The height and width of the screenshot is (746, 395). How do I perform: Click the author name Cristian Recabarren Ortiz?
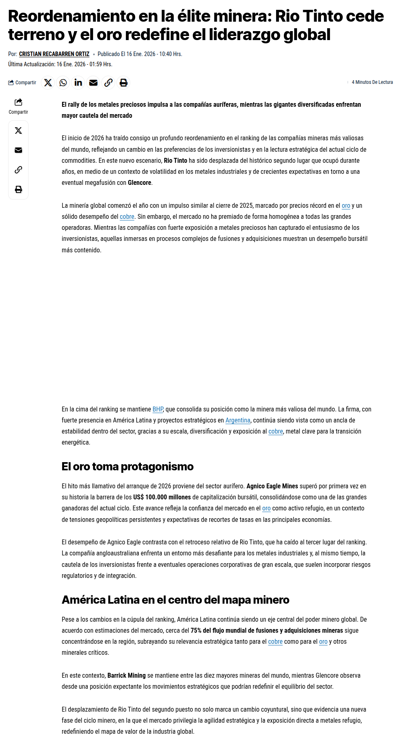(x=54, y=54)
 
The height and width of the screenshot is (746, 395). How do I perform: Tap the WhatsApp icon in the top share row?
(x=63, y=83)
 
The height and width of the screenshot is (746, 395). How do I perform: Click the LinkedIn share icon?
(x=78, y=83)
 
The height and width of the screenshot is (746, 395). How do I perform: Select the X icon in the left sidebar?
(x=18, y=130)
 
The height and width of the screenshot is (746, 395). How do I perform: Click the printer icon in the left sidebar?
(x=18, y=189)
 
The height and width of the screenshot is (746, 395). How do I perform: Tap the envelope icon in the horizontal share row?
(x=93, y=83)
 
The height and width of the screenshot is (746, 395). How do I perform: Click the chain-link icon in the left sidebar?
(x=18, y=170)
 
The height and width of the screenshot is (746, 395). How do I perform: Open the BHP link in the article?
(x=158, y=409)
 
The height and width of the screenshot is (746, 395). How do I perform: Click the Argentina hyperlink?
(x=238, y=420)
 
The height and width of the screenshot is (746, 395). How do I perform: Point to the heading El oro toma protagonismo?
(x=127, y=467)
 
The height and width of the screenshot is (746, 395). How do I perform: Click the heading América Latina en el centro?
(x=175, y=600)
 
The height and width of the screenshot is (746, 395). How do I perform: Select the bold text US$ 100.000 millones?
(x=162, y=497)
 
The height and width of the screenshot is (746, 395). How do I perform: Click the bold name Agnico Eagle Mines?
(x=272, y=486)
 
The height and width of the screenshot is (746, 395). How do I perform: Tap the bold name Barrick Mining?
(x=126, y=676)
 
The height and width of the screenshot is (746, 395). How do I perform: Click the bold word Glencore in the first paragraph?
(x=139, y=183)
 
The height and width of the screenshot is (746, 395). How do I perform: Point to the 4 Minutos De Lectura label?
(x=372, y=82)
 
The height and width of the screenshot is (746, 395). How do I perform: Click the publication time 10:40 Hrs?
(x=172, y=54)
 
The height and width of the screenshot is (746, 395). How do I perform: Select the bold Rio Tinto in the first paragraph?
(x=175, y=161)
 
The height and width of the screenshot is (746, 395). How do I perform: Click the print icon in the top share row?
(x=123, y=83)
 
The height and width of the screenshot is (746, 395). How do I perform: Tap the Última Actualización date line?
(x=60, y=64)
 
